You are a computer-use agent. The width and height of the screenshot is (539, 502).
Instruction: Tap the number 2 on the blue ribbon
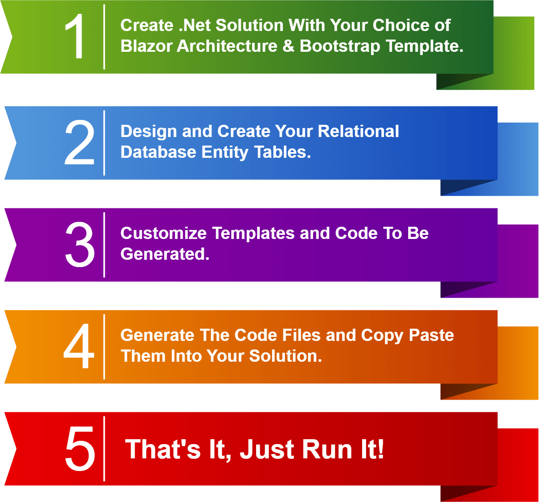point(79,142)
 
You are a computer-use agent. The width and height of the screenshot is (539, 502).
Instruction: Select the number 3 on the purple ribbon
point(80,244)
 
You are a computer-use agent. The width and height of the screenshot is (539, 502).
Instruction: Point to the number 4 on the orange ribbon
point(79,346)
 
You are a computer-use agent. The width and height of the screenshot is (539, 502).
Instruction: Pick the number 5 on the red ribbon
point(80,448)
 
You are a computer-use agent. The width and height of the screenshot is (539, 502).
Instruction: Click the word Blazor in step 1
point(146,46)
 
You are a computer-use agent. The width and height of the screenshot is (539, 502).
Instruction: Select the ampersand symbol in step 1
point(288,46)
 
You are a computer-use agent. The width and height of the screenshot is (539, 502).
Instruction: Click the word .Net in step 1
point(194,25)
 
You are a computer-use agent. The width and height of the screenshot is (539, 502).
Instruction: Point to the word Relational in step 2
point(358,131)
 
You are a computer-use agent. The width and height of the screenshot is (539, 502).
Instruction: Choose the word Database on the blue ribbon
point(158,152)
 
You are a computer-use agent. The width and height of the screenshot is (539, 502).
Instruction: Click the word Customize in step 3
point(163,233)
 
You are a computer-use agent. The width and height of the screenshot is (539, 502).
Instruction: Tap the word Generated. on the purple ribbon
point(165,254)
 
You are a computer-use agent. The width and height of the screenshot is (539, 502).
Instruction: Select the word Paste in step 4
point(431,335)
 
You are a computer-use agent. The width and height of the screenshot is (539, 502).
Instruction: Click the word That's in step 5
point(163,450)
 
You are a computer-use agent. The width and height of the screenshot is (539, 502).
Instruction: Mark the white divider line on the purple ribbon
point(104,245)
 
